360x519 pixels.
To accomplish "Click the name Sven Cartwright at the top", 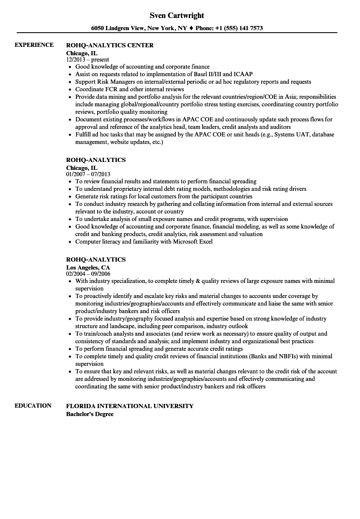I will pyautogui.click(x=177, y=15).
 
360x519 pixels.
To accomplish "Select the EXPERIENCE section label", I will pyautogui.click(x=34, y=45).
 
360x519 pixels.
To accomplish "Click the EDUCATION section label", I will pyautogui.click(x=33, y=405).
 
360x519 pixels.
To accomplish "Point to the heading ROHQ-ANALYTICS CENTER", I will pyautogui.click(x=110, y=45).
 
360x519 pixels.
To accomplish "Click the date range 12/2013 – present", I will pyautogui.click(x=87, y=59).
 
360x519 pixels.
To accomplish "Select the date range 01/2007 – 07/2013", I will pyautogui.click(x=88, y=174).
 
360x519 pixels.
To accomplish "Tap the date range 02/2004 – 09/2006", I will pyautogui.click(x=88, y=274).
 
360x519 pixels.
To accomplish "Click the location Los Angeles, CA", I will pyautogui.click(x=88, y=267).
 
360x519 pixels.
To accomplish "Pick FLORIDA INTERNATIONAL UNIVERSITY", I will pyautogui.click(x=130, y=406).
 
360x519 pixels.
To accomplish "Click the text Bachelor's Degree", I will pyautogui.click(x=90, y=414).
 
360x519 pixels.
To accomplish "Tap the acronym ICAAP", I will pyautogui.click(x=243, y=74).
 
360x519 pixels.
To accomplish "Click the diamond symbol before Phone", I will pyautogui.click(x=191, y=28).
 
